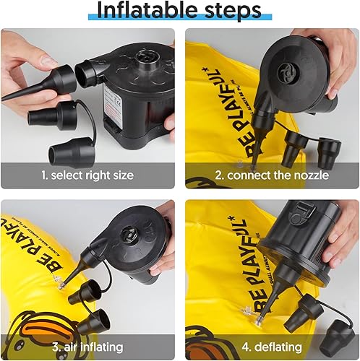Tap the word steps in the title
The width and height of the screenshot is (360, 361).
227,12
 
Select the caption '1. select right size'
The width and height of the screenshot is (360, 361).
87,175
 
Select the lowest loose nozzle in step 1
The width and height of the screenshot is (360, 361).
65,148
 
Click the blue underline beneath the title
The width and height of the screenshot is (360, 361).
181,19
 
